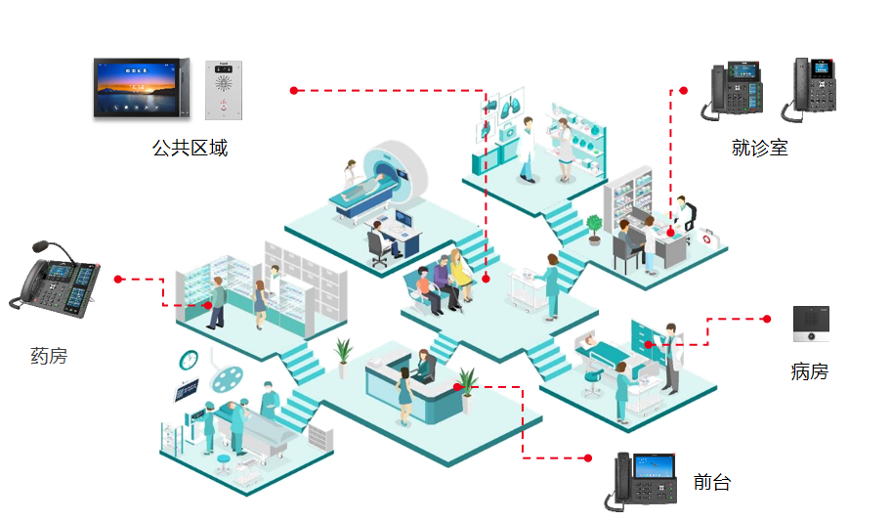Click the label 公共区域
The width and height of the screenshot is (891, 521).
tap(190, 149)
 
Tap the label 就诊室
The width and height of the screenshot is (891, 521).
tap(759, 148)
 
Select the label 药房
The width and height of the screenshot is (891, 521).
tap(49, 356)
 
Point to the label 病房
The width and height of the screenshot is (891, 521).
tap(809, 371)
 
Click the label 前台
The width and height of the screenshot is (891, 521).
tap(711, 482)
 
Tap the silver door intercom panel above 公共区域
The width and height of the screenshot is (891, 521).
tap(223, 91)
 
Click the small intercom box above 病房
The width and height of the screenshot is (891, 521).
tap(811, 324)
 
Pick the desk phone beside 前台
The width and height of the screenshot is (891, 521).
tap(646, 480)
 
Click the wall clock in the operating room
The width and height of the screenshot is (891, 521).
tap(189, 360)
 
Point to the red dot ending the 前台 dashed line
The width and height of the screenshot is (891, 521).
tap(587, 457)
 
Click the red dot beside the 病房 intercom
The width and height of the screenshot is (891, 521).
tap(767, 319)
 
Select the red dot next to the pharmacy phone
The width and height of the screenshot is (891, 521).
tap(118, 280)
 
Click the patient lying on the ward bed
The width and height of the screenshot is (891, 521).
tap(597, 343)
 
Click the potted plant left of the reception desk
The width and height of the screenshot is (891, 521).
tap(343, 355)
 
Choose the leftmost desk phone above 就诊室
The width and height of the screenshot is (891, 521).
tap(731, 91)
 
